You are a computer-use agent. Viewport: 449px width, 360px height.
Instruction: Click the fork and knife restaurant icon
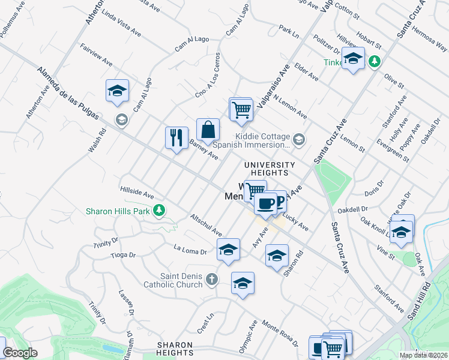click(x=176, y=137)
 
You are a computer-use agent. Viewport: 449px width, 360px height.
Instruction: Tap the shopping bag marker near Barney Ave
click(x=207, y=129)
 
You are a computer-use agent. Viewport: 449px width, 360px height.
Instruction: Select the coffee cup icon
click(x=265, y=204)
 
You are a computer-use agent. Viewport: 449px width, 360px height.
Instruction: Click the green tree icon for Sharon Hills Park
click(x=159, y=210)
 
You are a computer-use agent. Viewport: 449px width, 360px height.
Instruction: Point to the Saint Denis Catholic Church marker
click(x=211, y=279)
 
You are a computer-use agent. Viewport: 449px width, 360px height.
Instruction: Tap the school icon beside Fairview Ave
click(x=118, y=91)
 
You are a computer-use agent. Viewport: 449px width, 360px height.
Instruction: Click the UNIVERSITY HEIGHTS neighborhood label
click(x=269, y=169)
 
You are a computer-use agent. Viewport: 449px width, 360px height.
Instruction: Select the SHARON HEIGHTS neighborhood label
click(x=175, y=349)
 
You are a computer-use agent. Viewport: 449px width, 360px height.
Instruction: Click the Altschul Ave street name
click(x=206, y=224)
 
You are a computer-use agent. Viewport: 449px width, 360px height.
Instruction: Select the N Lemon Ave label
click(x=290, y=107)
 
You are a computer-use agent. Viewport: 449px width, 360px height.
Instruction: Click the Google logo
click(x=20, y=353)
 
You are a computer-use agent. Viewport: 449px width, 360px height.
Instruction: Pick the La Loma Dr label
click(x=190, y=248)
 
